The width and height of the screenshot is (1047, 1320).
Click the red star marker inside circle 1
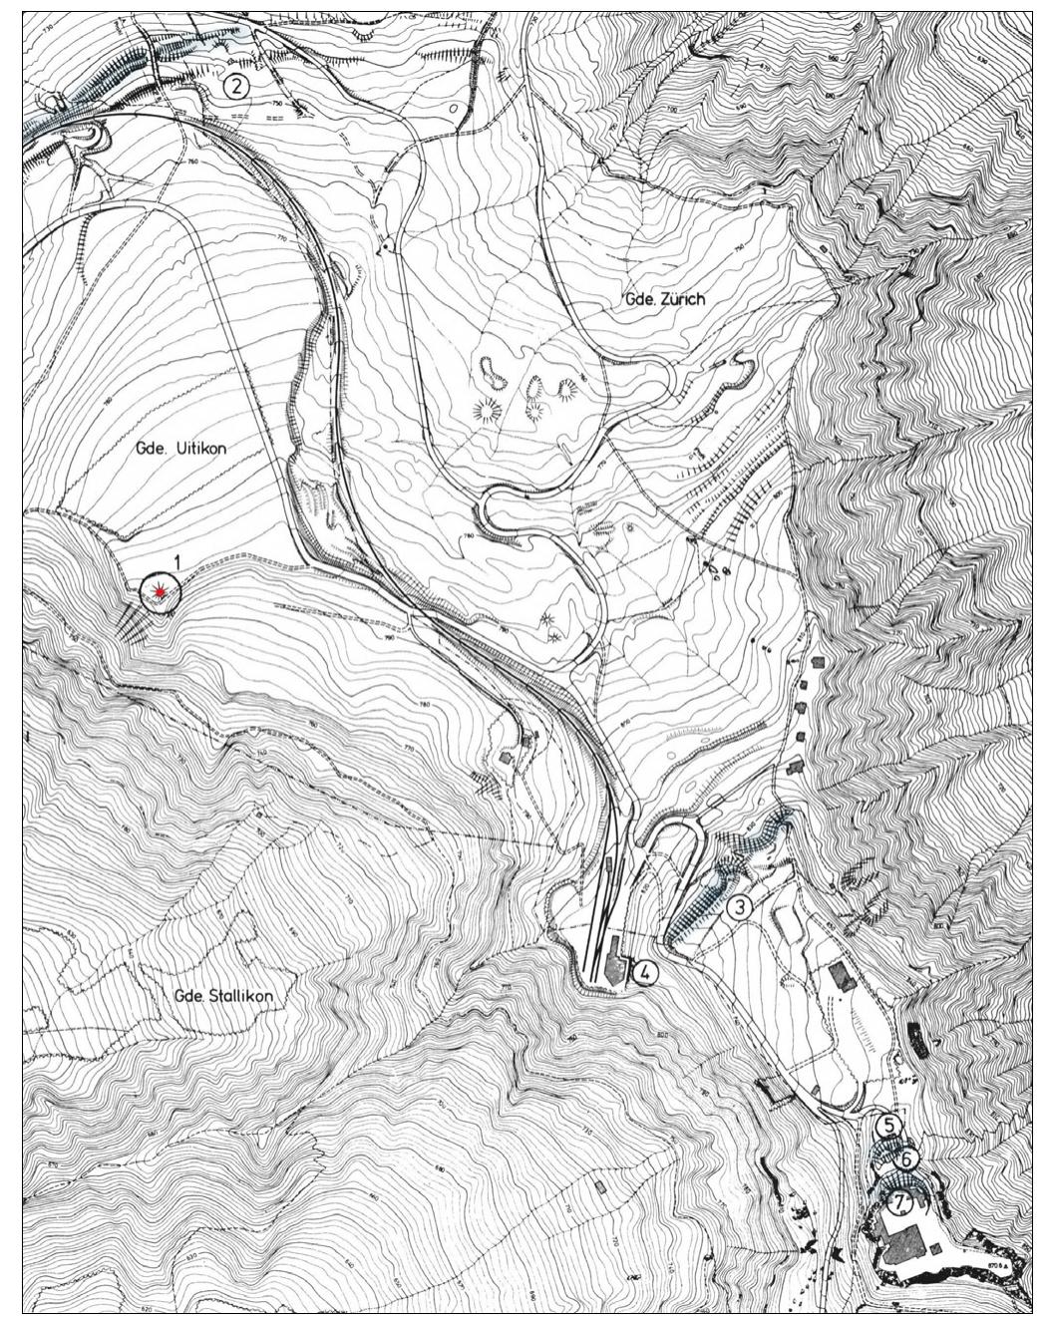[x=160, y=593]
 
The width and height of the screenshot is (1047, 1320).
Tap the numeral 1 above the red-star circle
[x=176, y=563]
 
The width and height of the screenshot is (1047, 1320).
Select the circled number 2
[x=235, y=86]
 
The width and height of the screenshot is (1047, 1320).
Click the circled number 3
[x=739, y=907]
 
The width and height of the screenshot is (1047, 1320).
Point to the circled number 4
[x=645, y=972]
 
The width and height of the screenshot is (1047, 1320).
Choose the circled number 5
[x=889, y=1125]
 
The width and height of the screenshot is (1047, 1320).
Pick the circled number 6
[x=905, y=1158]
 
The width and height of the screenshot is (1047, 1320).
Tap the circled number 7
[x=899, y=1202]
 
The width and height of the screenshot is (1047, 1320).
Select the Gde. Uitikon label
[x=180, y=449]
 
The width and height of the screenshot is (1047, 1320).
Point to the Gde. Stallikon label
[x=222, y=995]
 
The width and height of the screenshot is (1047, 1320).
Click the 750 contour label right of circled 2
[x=275, y=104]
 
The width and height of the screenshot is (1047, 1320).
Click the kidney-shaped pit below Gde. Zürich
[x=491, y=374]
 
